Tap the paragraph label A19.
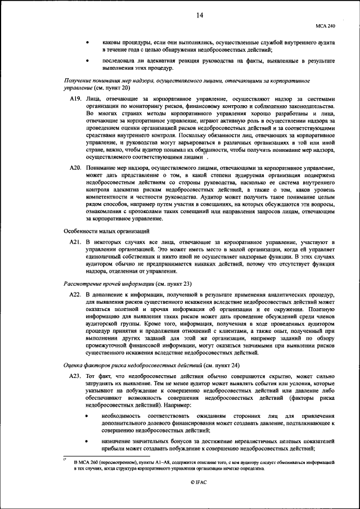pos(75,98)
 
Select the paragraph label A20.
pos(75,168)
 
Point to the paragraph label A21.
pos(75,241)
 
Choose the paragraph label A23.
pos(75,376)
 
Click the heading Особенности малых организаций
pos(106,231)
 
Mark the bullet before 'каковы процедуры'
pos(88,42)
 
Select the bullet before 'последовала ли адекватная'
pos(88,60)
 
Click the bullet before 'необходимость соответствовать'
pos(88,416)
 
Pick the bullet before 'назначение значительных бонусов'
pos(88,442)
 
